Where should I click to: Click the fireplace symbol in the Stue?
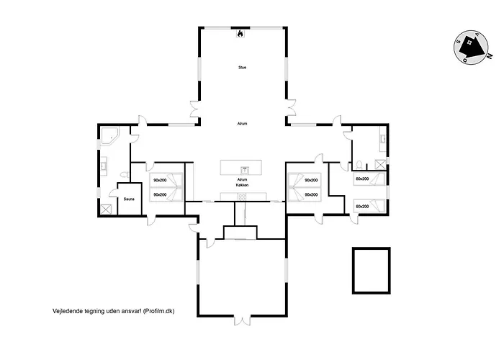pyautogui.click(x=241, y=32)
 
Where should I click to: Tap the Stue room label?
pyautogui.click(x=242, y=68)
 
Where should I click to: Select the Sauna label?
pyautogui.click(x=129, y=199)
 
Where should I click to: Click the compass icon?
pyautogui.click(x=469, y=48)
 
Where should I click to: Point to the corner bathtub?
pyautogui.click(x=111, y=136)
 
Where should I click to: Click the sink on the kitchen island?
pyautogui.click(x=245, y=171)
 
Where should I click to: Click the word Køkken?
pyautogui.click(x=242, y=186)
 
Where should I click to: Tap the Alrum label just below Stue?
pyautogui.click(x=242, y=124)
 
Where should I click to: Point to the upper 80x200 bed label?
pyautogui.click(x=362, y=179)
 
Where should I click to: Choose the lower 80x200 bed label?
pyautogui.click(x=362, y=207)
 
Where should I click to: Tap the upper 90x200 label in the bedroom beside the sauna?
pyautogui.click(x=159, y=180)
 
